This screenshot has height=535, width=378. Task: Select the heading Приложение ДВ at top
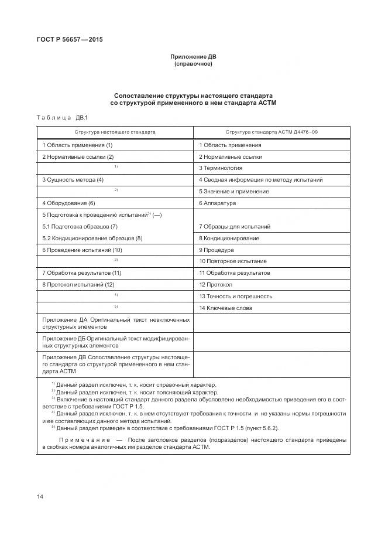(193, 57)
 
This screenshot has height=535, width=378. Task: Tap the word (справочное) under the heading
(193, 64)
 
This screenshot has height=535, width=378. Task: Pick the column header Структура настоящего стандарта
(115, 132)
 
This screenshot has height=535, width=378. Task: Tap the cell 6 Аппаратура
(217, 203)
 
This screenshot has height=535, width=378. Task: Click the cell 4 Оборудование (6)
(68, 203)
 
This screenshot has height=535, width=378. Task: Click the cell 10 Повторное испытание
(233, 261)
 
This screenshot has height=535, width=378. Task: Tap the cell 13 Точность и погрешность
(236, 297)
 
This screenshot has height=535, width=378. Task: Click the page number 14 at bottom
(40, 497)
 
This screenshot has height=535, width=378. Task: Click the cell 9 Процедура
(216, 250)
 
